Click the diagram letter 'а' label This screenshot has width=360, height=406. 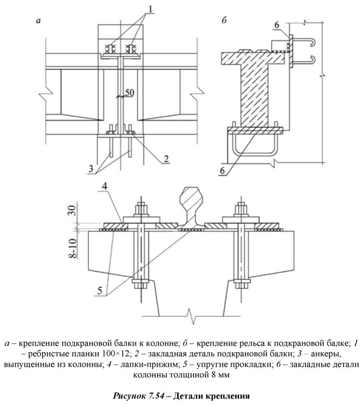coord(37,21)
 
